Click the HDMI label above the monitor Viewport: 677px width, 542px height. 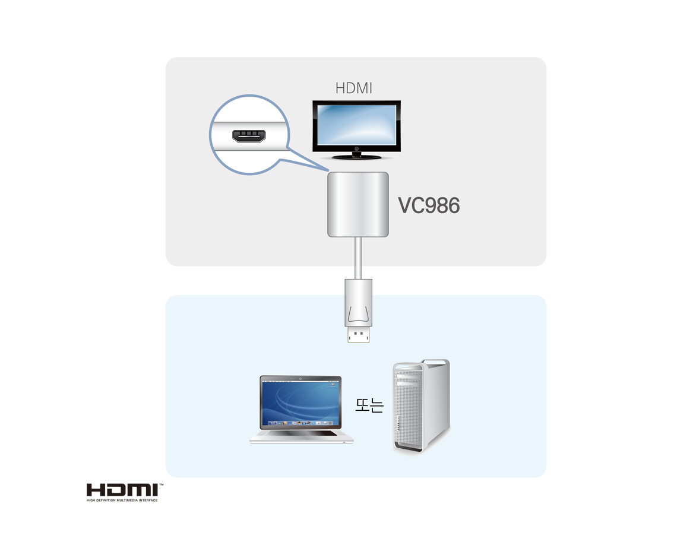point(353,88)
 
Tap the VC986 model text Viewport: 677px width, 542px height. point(429,206)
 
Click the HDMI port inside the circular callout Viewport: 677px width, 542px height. point(249,137)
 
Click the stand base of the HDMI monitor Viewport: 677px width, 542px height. point(356,157)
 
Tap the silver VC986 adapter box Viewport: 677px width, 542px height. point(358,204)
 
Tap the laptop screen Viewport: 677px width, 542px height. point(301,403)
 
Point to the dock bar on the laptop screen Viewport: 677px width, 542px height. point(301,423)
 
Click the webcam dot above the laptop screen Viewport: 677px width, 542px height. point(301,378)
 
